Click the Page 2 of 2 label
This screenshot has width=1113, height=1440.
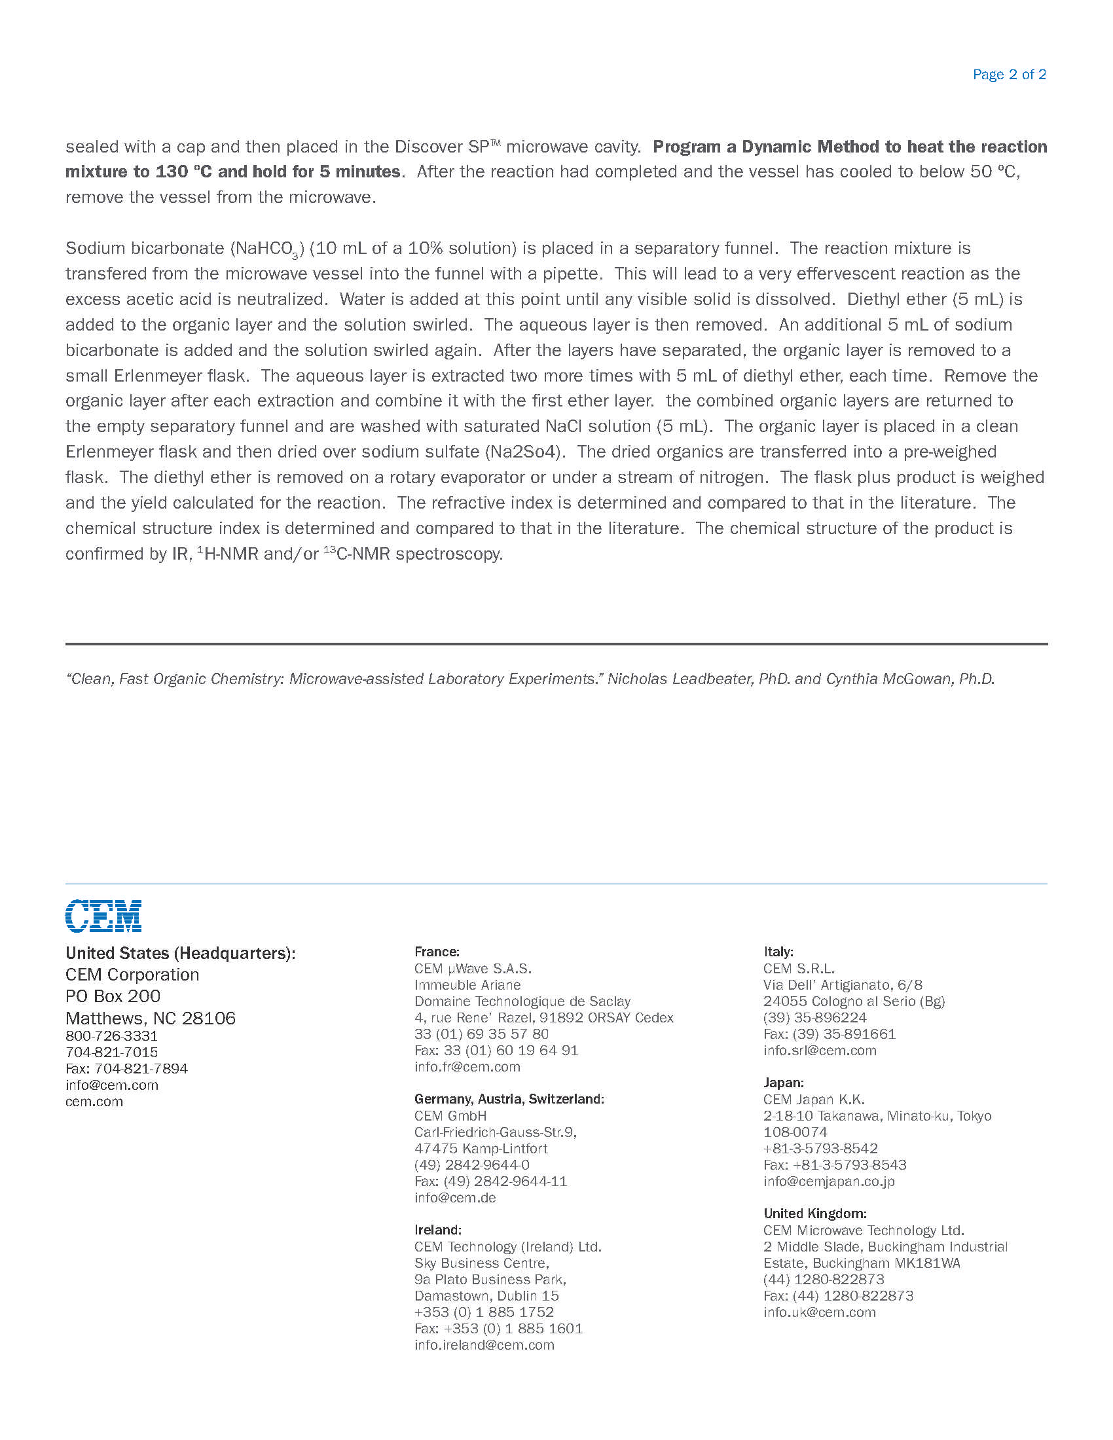coord(1009,75)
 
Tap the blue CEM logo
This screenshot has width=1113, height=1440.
coord(103,915)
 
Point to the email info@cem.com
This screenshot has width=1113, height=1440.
coord(112,1085)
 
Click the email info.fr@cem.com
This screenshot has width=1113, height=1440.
coord(467,1066)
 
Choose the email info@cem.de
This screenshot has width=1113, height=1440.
coord(455,1197)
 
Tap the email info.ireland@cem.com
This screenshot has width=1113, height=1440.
coord(484,1344)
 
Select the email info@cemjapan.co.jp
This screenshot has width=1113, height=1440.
coord(829,1181)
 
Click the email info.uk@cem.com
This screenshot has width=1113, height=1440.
coord(820,1312)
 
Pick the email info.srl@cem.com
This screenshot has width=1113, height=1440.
coord(820,1051)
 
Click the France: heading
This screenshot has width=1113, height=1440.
coord(437,952)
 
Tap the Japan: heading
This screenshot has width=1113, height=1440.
coord(783,1083)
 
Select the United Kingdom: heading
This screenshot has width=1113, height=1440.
coord(815,1213)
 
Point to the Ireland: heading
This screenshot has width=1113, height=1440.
coord(438,1230)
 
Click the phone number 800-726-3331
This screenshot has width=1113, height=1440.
coord(111,1036)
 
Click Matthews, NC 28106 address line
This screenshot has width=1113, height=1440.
coord(151,1018)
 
